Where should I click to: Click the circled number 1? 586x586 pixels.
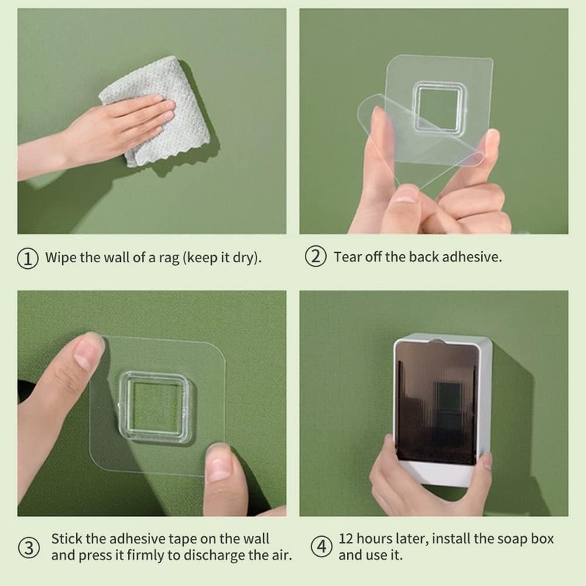[28, 259]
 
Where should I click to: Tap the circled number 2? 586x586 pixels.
[316, 256]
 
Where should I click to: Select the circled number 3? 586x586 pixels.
[29, 547]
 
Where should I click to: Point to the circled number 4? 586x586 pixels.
[322, 546]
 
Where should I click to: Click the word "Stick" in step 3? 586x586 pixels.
[67, 539]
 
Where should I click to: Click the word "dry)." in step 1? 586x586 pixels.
[247, 258]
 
